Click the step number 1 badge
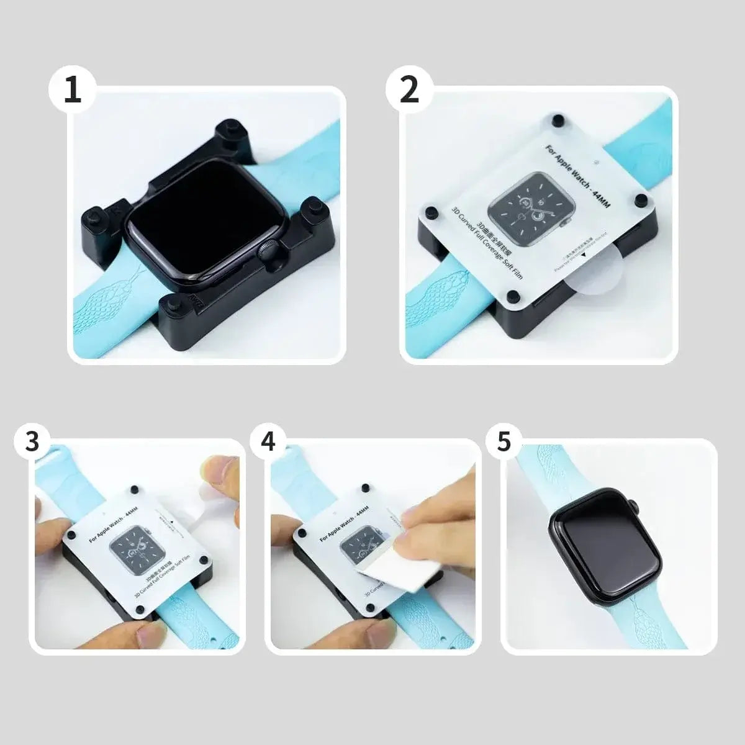pos(73,91)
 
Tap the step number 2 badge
pos(410,91)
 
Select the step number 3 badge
pos(33,441)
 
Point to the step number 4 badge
pos(268,441)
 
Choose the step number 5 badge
pos(503,441)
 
